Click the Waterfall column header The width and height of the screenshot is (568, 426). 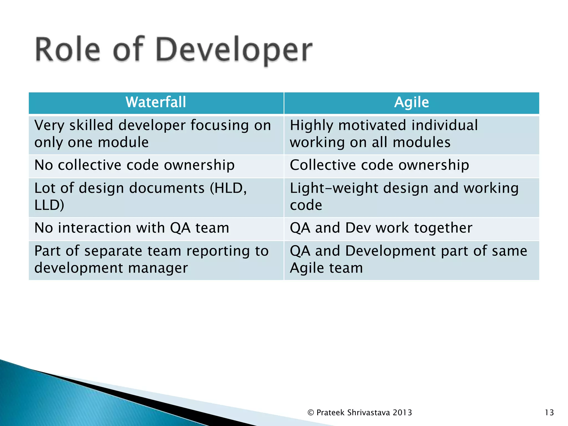point(156,102)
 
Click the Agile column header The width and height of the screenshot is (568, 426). point(412,102)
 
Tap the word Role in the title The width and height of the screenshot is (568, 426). point(67,50)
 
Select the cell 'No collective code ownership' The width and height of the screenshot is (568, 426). point(135,165)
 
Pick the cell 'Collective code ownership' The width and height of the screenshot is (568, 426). point(379,165)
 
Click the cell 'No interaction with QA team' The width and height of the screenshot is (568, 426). point(132,228)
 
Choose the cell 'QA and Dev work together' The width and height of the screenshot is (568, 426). point(381,228)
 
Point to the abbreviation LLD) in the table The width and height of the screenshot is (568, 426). point(49,205)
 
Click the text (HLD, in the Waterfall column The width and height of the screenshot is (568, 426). point(228,188)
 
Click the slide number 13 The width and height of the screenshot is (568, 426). point(549,413)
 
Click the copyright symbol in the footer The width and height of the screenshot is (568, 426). point(311,413)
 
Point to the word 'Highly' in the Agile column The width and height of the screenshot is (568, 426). point(311,126)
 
